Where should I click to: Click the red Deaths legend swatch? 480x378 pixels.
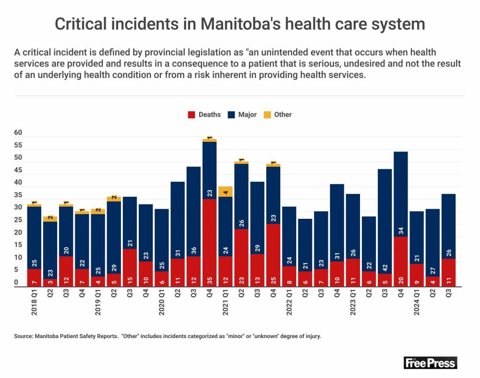(192, 114)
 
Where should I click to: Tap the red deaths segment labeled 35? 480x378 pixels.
(209, 243)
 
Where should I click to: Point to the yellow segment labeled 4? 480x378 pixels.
(226, 191)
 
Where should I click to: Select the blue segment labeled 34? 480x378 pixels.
(400, 194)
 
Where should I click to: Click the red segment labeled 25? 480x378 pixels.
(273, 255)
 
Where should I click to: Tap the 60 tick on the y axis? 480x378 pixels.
(18, 133)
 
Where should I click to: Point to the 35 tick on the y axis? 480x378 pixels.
(18, 195)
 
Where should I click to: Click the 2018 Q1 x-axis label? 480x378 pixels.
(34, 303)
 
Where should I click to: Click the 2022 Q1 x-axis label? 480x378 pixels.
(289, 303)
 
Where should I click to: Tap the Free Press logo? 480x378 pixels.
(430, 363)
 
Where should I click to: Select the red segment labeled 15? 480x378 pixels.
(130, 268)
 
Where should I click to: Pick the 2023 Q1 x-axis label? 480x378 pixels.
(353, 303)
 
